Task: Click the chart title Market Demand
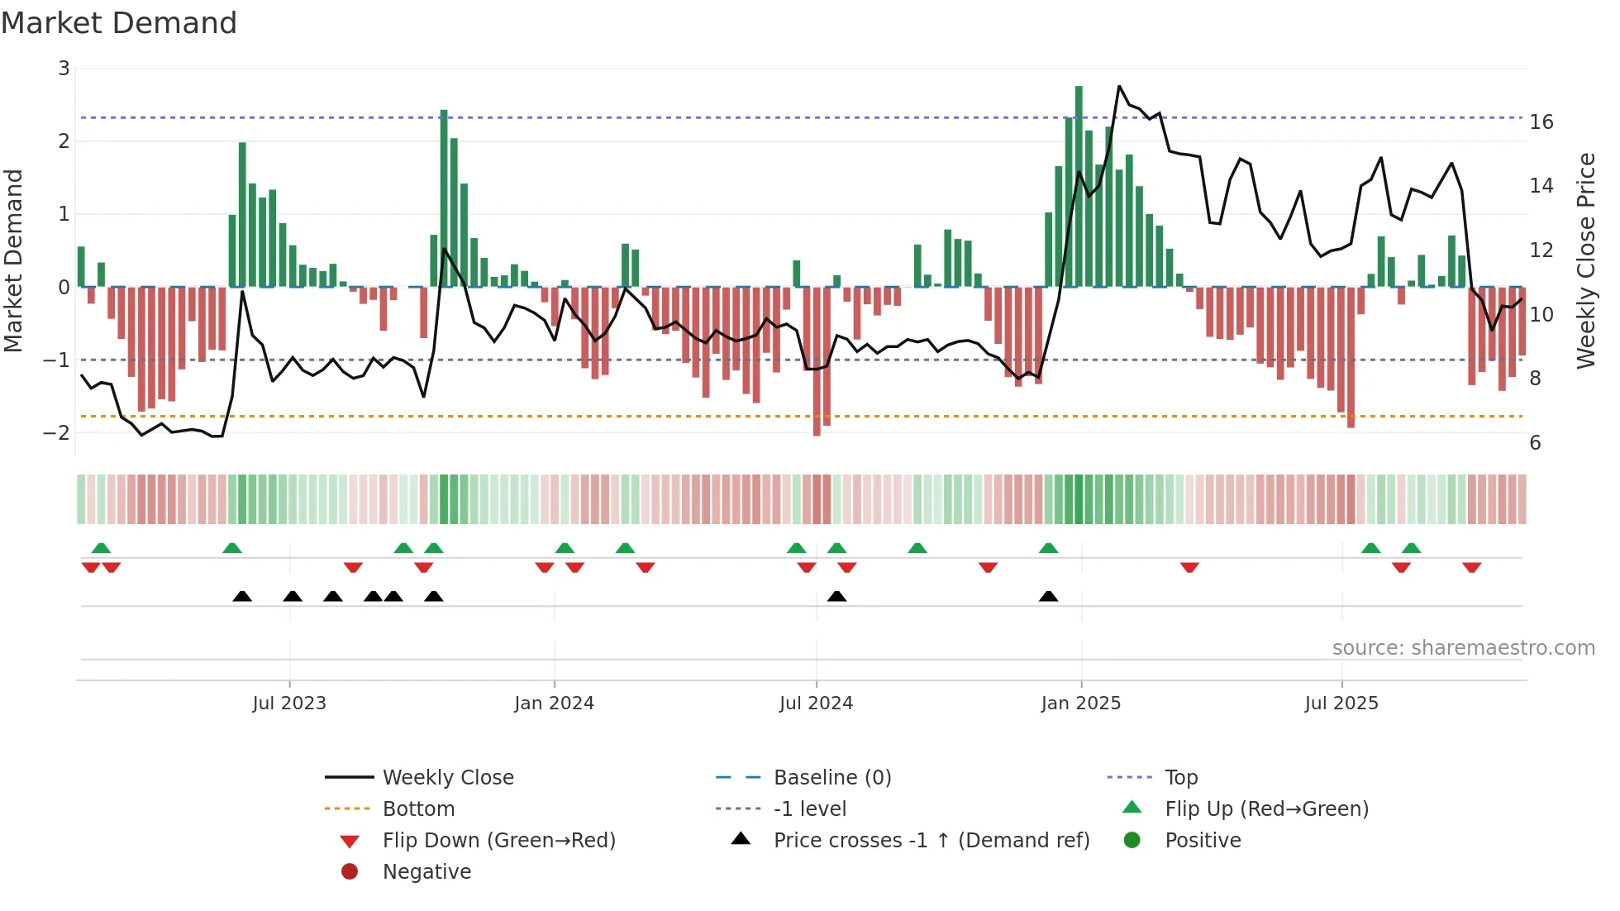tap(119, 23)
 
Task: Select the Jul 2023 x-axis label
tap(289, 704)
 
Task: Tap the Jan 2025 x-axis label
tap(1080, 704)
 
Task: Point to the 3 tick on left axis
tap(64, 69)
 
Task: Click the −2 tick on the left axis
tap(57, 432)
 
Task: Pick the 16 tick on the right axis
tap(1541, 122)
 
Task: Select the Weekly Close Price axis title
tap(1585, 260)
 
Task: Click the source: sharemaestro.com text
tap(1463, 647)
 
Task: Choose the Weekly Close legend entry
tap(447, 777)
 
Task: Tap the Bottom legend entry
tap(418, 808)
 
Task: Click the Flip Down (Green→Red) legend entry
tap(498, 840)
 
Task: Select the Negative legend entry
tap(426, 871)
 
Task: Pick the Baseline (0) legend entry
tap(831, 777)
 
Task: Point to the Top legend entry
tap(1181, 777)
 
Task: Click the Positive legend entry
tap(1203, 840)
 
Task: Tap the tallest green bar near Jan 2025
tap(1079, 186)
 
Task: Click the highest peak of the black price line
tap(1119, 87)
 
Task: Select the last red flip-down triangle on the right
tap(1471, 567)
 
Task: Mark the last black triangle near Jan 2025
tap(1048, 596)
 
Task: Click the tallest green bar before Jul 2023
tap(242, 215)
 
